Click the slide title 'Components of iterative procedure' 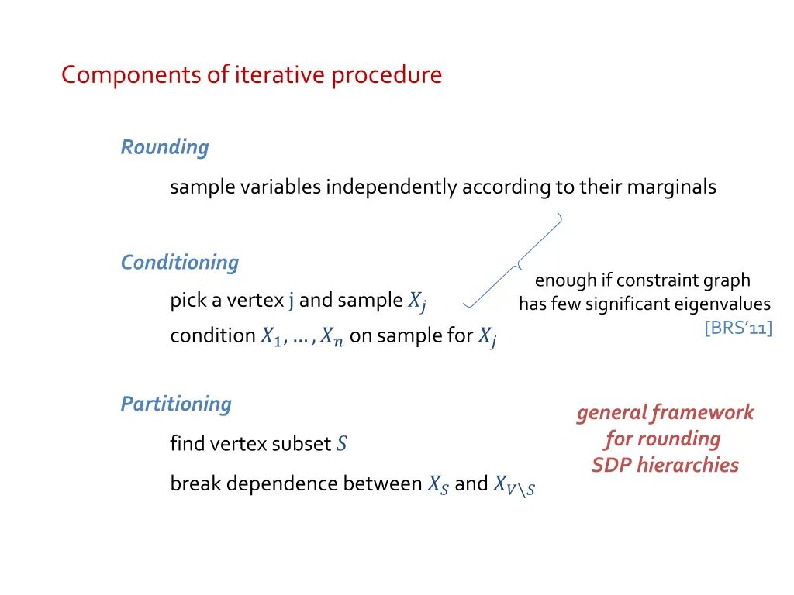point(251,75)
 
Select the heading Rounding point(164,147)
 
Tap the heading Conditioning point(179,263)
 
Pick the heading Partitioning point(176,404)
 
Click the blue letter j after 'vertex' point(291,301)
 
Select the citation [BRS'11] point(738,328)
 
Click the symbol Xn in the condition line point(328,337)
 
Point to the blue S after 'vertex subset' point(342,445)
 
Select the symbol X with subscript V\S point(514,485)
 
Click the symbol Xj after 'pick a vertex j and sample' point(416,302)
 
